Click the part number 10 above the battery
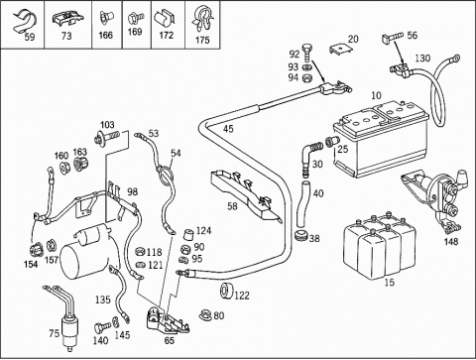point(376,95)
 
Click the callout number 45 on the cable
point(228,129)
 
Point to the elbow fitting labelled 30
point(309,155)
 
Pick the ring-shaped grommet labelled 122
point(227,292)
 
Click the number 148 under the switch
point(451,242)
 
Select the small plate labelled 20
point(340,50)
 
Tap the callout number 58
point(232,206)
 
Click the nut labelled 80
point(205,315)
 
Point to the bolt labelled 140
point(101,327)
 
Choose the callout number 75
point(55,333)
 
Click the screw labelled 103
point(106,138)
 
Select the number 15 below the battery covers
point(390,283)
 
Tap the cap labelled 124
point(188,234)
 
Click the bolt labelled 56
point(393,36)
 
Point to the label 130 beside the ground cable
point(422,59)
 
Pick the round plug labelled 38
point(300,236)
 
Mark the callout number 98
point(133,192)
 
